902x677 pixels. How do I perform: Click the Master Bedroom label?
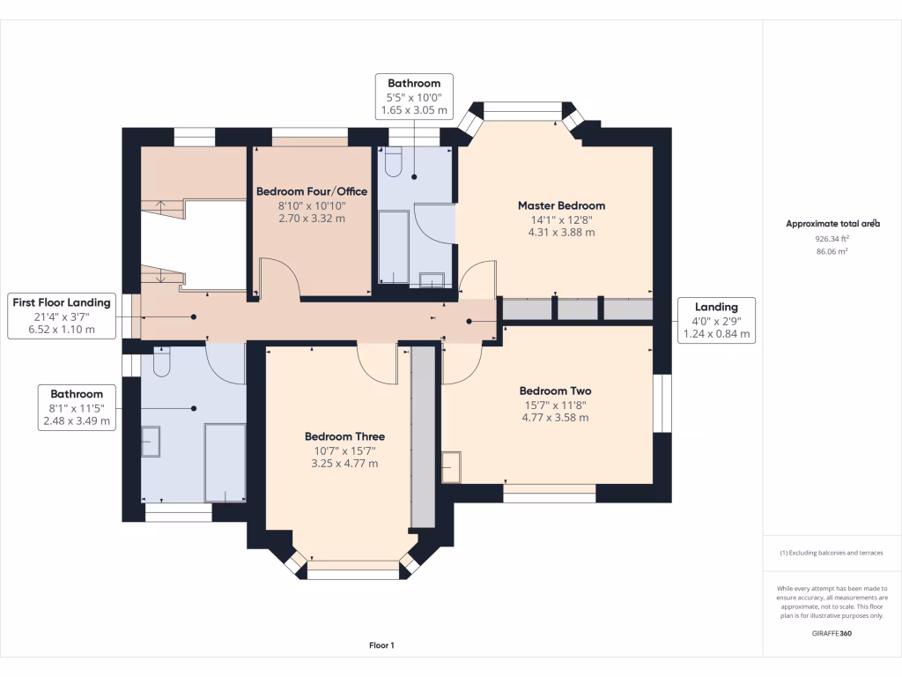click(x=561, y=205)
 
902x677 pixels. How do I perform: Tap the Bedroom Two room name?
click(x=555, y=391)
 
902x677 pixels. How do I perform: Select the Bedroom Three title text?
click(x=344, y=436)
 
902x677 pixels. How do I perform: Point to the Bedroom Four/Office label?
click(x=312, y=191)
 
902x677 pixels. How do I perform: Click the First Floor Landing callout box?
click(x=62, y=316)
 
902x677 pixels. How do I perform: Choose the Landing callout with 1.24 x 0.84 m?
click(x=716, y=320)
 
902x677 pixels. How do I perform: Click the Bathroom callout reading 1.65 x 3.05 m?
click(x=414, y=97)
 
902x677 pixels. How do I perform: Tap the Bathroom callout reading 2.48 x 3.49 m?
click(x=77, y=407)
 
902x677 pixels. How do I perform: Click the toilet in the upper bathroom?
click(x=394, y=162)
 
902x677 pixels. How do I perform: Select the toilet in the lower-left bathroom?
click(x=162, y=361)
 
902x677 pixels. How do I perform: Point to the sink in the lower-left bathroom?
click(x=151, y=442)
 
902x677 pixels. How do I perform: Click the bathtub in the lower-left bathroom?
click(x=225, y=462)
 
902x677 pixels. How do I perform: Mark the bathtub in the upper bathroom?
click(x=394, y=247)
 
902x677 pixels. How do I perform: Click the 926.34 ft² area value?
click(x=832, y=238)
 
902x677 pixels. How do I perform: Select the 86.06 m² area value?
click(x=832, y=251)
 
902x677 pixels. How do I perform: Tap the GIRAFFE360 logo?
click(x=832, y=633)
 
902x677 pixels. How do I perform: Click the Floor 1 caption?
click(x=382, y=645)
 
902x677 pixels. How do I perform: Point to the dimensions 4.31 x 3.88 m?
click(x=561, y=233)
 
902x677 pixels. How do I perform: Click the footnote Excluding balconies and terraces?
click(x=832, y=553)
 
